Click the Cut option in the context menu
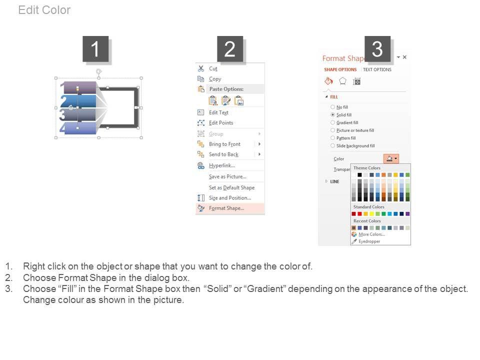pos(213,69)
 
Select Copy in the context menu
pos(215,79)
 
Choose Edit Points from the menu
pos(220,123)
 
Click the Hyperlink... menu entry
pos(221,165)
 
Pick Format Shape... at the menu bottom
pos(226,208)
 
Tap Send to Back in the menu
pos(223,154)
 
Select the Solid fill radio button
pos(333,115)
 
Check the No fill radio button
pos(333,107)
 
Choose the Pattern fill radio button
pos(333,138)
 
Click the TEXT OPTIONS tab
pos(377,69)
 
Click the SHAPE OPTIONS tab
pos(340,69)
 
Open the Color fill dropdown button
pos(391,158)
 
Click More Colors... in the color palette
pos(371,234)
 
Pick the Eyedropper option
pos(369,241)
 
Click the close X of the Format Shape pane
pos(404,57)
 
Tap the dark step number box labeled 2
pos(230,49)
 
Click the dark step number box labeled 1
pos(95,49)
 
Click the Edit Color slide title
pos(44,10)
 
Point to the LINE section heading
pos(334,181)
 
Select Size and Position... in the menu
pos(230,198)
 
